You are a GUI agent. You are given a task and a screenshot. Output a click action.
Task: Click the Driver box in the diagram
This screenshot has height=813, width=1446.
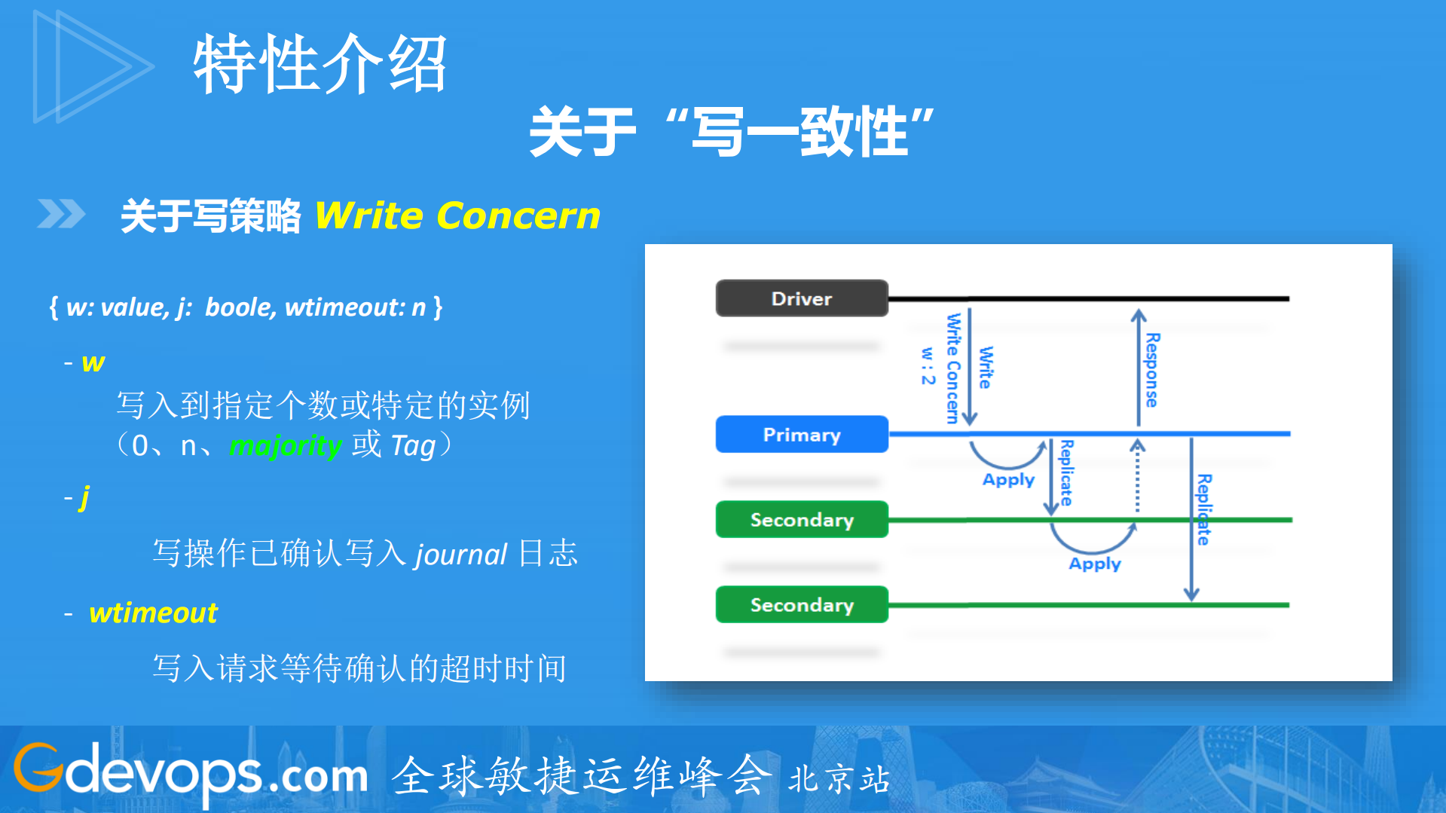click(x=802, y=298)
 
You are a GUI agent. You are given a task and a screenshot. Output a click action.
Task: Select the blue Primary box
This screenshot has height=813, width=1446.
click(x=802, y=435)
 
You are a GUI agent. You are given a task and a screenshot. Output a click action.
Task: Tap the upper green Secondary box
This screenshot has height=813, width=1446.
click(x=802, y=520)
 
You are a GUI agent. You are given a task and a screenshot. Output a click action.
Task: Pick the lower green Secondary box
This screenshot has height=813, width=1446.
click(x=802, y=605)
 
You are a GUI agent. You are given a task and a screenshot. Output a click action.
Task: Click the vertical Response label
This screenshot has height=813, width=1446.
click(x=1152, y=370)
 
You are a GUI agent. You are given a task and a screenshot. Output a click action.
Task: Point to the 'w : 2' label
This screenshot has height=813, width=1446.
click(x=928, y=366)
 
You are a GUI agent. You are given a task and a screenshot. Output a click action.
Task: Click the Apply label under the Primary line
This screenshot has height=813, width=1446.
click(x=1008, y=480)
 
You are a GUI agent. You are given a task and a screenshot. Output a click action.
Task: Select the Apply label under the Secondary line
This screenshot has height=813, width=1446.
click(x=1094, y=564)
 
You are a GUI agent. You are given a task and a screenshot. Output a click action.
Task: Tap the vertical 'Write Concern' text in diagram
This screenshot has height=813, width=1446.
click(x=953, y=368)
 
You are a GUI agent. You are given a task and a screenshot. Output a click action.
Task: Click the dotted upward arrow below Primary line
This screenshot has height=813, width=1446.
click(x=1138, y=478)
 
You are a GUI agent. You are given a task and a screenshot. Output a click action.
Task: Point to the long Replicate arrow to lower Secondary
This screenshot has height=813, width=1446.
click(x=1191, y=520)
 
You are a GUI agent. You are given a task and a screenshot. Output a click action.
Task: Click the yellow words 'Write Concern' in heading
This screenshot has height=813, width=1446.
click(x=457, y=215)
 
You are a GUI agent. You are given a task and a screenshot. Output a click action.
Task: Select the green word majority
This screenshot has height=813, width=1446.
click(x=286, y=446)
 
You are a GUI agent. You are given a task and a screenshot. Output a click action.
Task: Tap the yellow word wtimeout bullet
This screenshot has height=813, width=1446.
click(x=153, y=613)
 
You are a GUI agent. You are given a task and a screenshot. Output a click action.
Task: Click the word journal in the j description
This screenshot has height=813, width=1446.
click(x=461, y=555)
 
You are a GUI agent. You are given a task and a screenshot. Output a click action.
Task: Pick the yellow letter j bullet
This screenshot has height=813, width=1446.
click(x=84, y=497)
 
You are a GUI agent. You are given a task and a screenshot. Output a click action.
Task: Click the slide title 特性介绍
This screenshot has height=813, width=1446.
click(x=320, y=64)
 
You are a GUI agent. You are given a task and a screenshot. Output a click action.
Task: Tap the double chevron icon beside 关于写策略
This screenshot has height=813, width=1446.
click(x=61, y=214)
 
